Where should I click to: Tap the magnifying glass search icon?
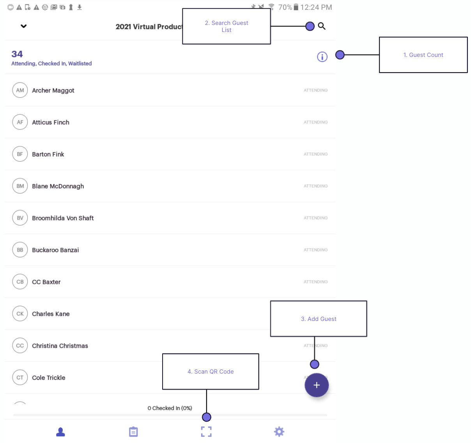point(322,26)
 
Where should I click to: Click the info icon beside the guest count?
point(322,57)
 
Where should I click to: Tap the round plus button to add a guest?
point(317,385)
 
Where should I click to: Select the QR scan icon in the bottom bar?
point(206,432)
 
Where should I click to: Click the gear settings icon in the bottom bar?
point(279,432)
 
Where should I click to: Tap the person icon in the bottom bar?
point(60,432)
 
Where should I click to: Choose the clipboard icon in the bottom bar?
point(133,432)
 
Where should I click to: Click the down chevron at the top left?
point(24,26)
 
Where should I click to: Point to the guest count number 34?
point(17,54)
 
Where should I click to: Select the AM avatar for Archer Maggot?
point(20,90)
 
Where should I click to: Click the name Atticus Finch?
point(51,122)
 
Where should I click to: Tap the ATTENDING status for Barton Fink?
point(315,154)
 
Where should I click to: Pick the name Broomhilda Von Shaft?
point(63,218)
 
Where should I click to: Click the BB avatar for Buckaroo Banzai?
point(20,250)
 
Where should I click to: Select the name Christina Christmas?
point(60,346)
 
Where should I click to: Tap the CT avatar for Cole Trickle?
point(20,377)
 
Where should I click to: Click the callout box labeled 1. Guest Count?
point(423,55)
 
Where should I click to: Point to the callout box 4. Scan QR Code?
point(211,372)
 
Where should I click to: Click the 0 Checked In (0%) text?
point(170,408)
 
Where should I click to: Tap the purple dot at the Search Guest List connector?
point(310,26)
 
